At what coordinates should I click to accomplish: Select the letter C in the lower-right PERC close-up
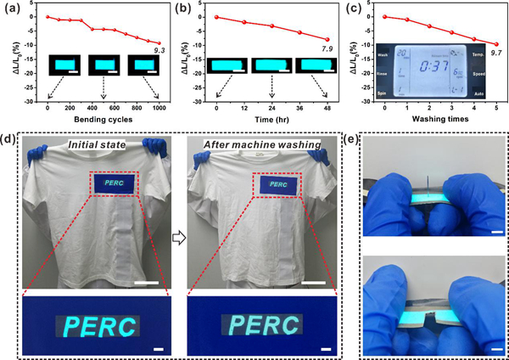click(x=291, y=324)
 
